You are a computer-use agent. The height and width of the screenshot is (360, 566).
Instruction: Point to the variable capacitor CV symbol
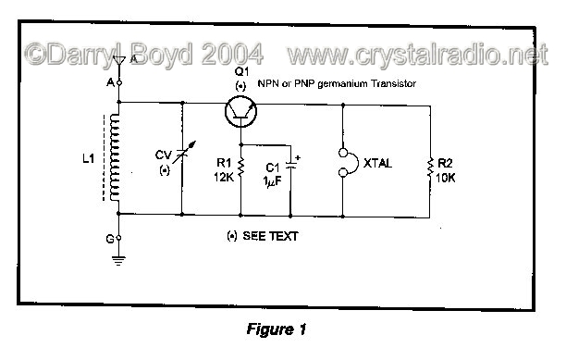point(180,161)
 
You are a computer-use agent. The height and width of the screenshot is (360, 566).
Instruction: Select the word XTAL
point(380,163)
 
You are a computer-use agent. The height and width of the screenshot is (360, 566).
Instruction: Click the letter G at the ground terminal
point(108,238)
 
